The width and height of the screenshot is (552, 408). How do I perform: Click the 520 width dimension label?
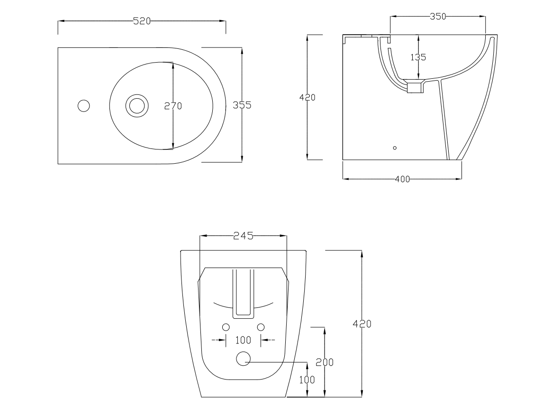coord(142,21)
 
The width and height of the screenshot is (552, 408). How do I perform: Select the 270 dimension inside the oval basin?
coord(173,106)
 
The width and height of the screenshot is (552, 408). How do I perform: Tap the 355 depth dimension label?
coord(242,105)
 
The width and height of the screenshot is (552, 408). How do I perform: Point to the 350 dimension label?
coord(438,16)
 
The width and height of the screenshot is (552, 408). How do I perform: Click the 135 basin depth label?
coord(418,57)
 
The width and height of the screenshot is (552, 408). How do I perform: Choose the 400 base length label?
coord(402,179)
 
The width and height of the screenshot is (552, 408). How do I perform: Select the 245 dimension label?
coord(243,236)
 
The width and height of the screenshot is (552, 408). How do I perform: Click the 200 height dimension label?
coord(325,362)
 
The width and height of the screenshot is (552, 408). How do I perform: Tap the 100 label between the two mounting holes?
coord(243,340)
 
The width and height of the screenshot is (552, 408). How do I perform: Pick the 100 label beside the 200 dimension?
coord(307,380)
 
